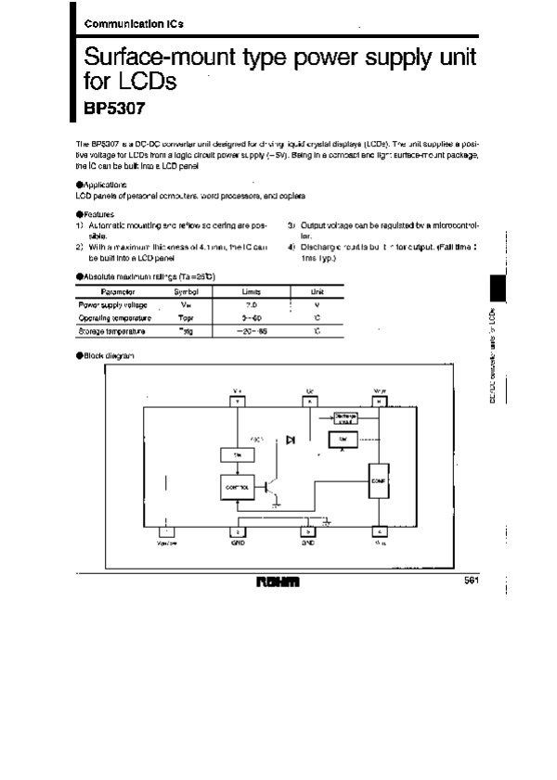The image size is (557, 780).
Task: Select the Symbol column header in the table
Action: [187, 291]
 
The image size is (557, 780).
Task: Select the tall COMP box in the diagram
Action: [378, 481]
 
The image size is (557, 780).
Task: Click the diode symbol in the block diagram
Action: [291, 439]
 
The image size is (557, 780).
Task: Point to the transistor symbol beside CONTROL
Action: [270, 486]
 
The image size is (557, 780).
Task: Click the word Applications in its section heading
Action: [101, 185]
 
